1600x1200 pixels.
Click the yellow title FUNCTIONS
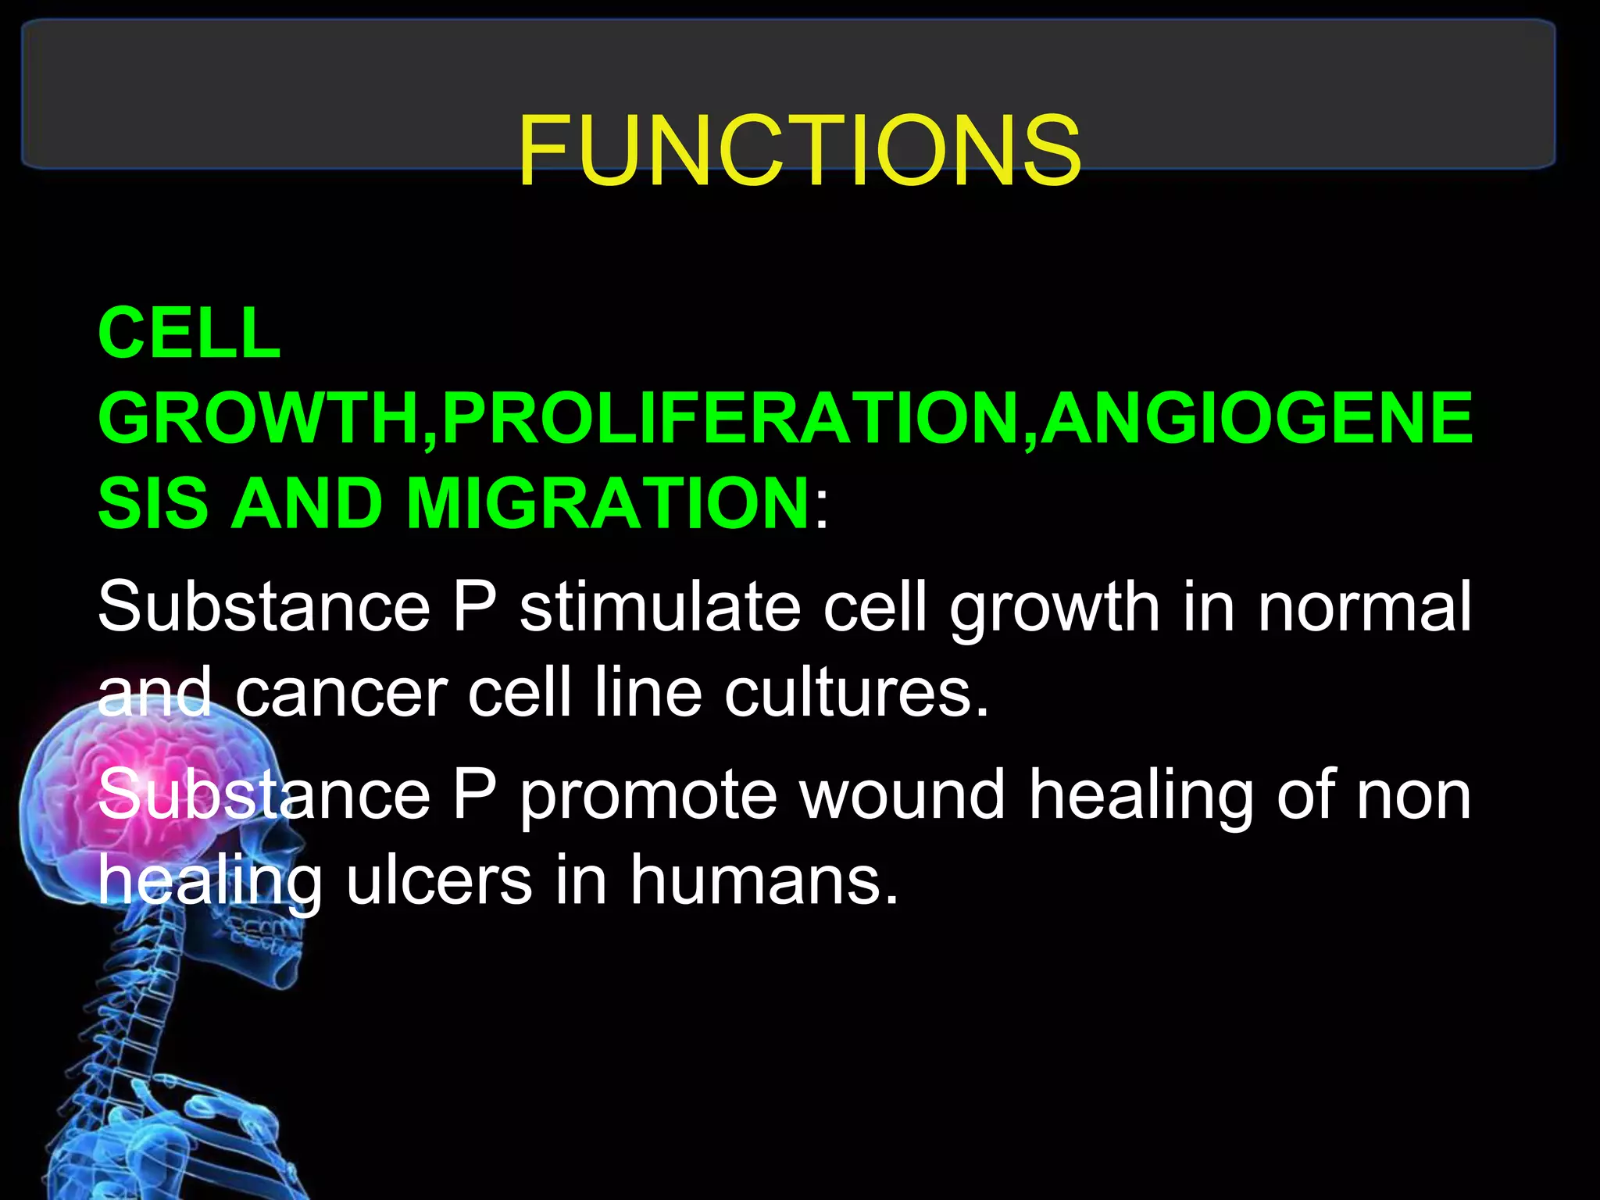click(798, 150)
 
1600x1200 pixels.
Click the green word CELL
click(189, 334)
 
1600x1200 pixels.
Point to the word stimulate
click(660, 607)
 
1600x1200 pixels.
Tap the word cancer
click(341, 694)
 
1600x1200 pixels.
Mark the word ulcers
click(439, 880)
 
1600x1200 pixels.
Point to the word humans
click(764, 880)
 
